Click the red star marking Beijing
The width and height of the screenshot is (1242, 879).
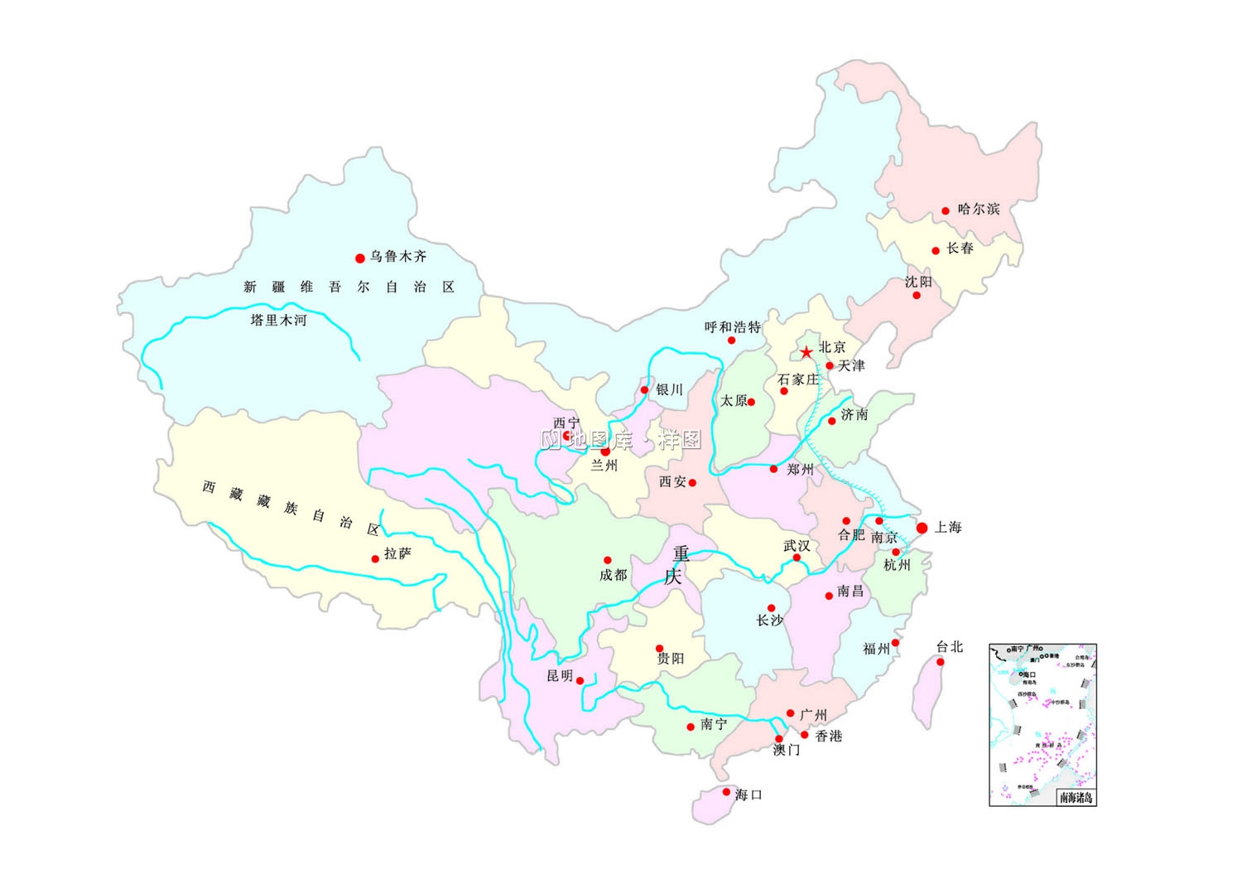pyautogui.click(x=806, y=353)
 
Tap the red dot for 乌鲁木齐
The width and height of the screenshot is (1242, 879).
pyautogui.click(x=359, y=258)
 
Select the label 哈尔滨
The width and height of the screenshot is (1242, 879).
pyautogui.click(x=979, y=209)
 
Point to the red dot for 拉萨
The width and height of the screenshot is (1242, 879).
pyautogui.click(x=375, y=558)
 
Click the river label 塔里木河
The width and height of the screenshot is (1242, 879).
pyautogui.click(x=278, y=320)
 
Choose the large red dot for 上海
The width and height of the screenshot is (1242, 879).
pyautogui.click(x=922, y=528)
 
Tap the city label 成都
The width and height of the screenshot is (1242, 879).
pyautogui.click(x=614, y=575)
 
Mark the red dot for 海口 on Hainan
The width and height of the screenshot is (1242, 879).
pyautogui.click(x=726, y=792)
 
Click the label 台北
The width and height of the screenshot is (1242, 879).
pyautogui.click(x=950, y=646)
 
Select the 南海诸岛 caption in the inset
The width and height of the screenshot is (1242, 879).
pyautogui.click(x=1076, y=798)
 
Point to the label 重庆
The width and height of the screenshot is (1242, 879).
pyautogui.click(x=678, y=564)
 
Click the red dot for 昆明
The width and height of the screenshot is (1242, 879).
pyautogui.click(x=580, y=681)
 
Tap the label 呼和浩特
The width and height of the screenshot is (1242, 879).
pyautogui.click(x=732, y=327)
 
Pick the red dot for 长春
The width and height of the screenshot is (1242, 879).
pyautogui.click(x=936, y=250)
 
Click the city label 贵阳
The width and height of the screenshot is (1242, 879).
pyautogui.click(x=671, y=659)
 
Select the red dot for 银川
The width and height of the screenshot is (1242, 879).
pyautogui.click(x=644, y=390)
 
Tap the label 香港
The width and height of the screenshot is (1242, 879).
pyautogui.click(x=828, y=736)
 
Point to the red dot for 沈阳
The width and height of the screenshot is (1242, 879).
pyautogui.click(x=917, y=296)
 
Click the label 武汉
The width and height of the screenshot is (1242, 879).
pyautogui.click(x=797, y=545)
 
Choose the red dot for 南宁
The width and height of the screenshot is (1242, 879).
pyautogui.click(x=691, y=727)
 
